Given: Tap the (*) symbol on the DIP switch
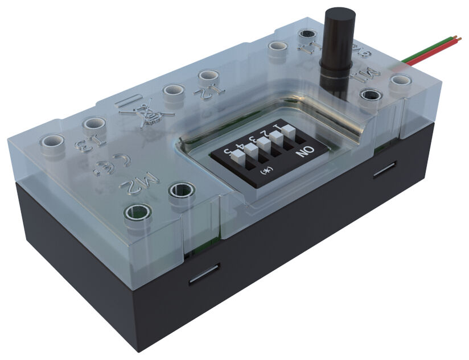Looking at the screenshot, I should [x=264, y=170].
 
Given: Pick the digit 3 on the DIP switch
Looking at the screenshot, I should [x=252, y=138].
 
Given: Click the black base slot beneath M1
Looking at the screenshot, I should [x=385, y=171].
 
